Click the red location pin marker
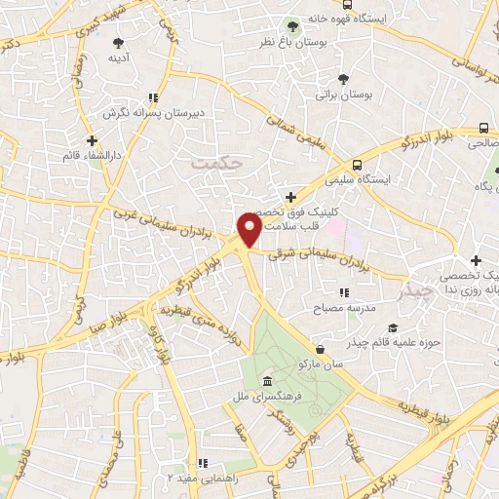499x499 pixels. click(x=249, y=230)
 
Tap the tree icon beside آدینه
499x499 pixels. click(x=119, y=43)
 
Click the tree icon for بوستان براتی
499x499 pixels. click(x=341, y=79)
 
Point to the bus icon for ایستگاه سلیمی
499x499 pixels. click(x=358, y=165)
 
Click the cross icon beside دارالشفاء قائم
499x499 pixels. click(x=92, y=141)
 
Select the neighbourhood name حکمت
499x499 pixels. click(x=215, y=165)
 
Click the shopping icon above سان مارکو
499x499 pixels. click(x=321, y=348)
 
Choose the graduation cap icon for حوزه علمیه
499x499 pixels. click(x=392, y=328)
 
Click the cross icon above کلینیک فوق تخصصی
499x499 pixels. click(x=290, y=198)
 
